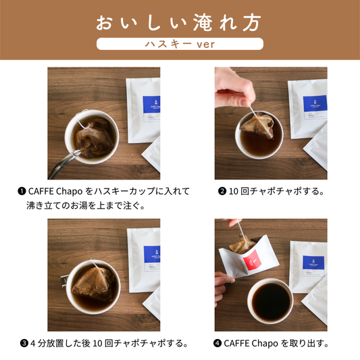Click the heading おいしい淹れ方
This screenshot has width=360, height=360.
[178, 23]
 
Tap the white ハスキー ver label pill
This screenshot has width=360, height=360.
[180, 44]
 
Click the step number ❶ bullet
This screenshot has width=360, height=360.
[22, 191]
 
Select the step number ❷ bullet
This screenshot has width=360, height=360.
[222, 191]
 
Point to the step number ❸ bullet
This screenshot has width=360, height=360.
[24, 344]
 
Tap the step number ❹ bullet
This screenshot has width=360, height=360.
[217, 344]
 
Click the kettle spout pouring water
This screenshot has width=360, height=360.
[64, 163]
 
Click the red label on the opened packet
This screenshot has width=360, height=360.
[251, 260]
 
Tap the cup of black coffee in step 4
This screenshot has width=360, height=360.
[270, 301]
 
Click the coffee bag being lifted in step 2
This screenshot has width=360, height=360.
[258, 125]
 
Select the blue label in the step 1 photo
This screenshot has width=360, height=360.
[151, 105]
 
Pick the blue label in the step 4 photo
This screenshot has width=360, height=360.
[313, 263]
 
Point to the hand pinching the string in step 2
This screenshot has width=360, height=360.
[234, 89]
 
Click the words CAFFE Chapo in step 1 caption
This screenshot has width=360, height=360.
[55, 191]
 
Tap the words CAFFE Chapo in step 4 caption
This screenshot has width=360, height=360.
[251, 344]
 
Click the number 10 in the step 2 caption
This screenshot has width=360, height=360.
[234, 191]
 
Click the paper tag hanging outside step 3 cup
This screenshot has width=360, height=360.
[63, 280]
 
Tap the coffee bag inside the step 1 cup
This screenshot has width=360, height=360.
[94, 139]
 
